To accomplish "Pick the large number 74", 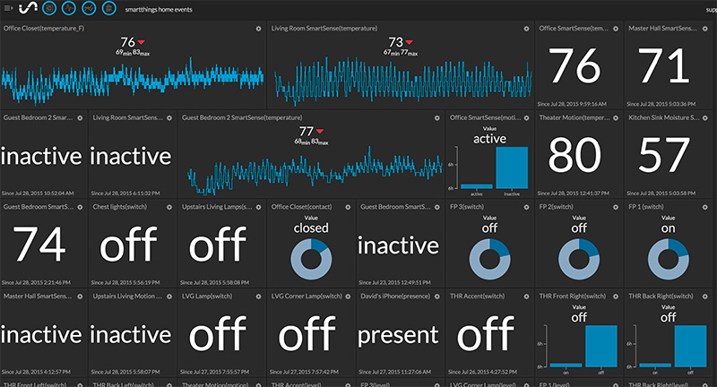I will click(x=42, y=243).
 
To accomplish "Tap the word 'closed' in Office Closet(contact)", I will click(x=311, y=228).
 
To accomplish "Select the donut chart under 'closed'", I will click(x=311, y=256).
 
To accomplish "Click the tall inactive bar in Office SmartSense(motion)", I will click(x=512, y=167).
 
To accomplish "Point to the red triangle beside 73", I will click(x=410, y=42).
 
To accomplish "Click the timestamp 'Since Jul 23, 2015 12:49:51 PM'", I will click(x=399, y=280).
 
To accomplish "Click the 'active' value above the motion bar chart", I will click(x=489, y=139).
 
